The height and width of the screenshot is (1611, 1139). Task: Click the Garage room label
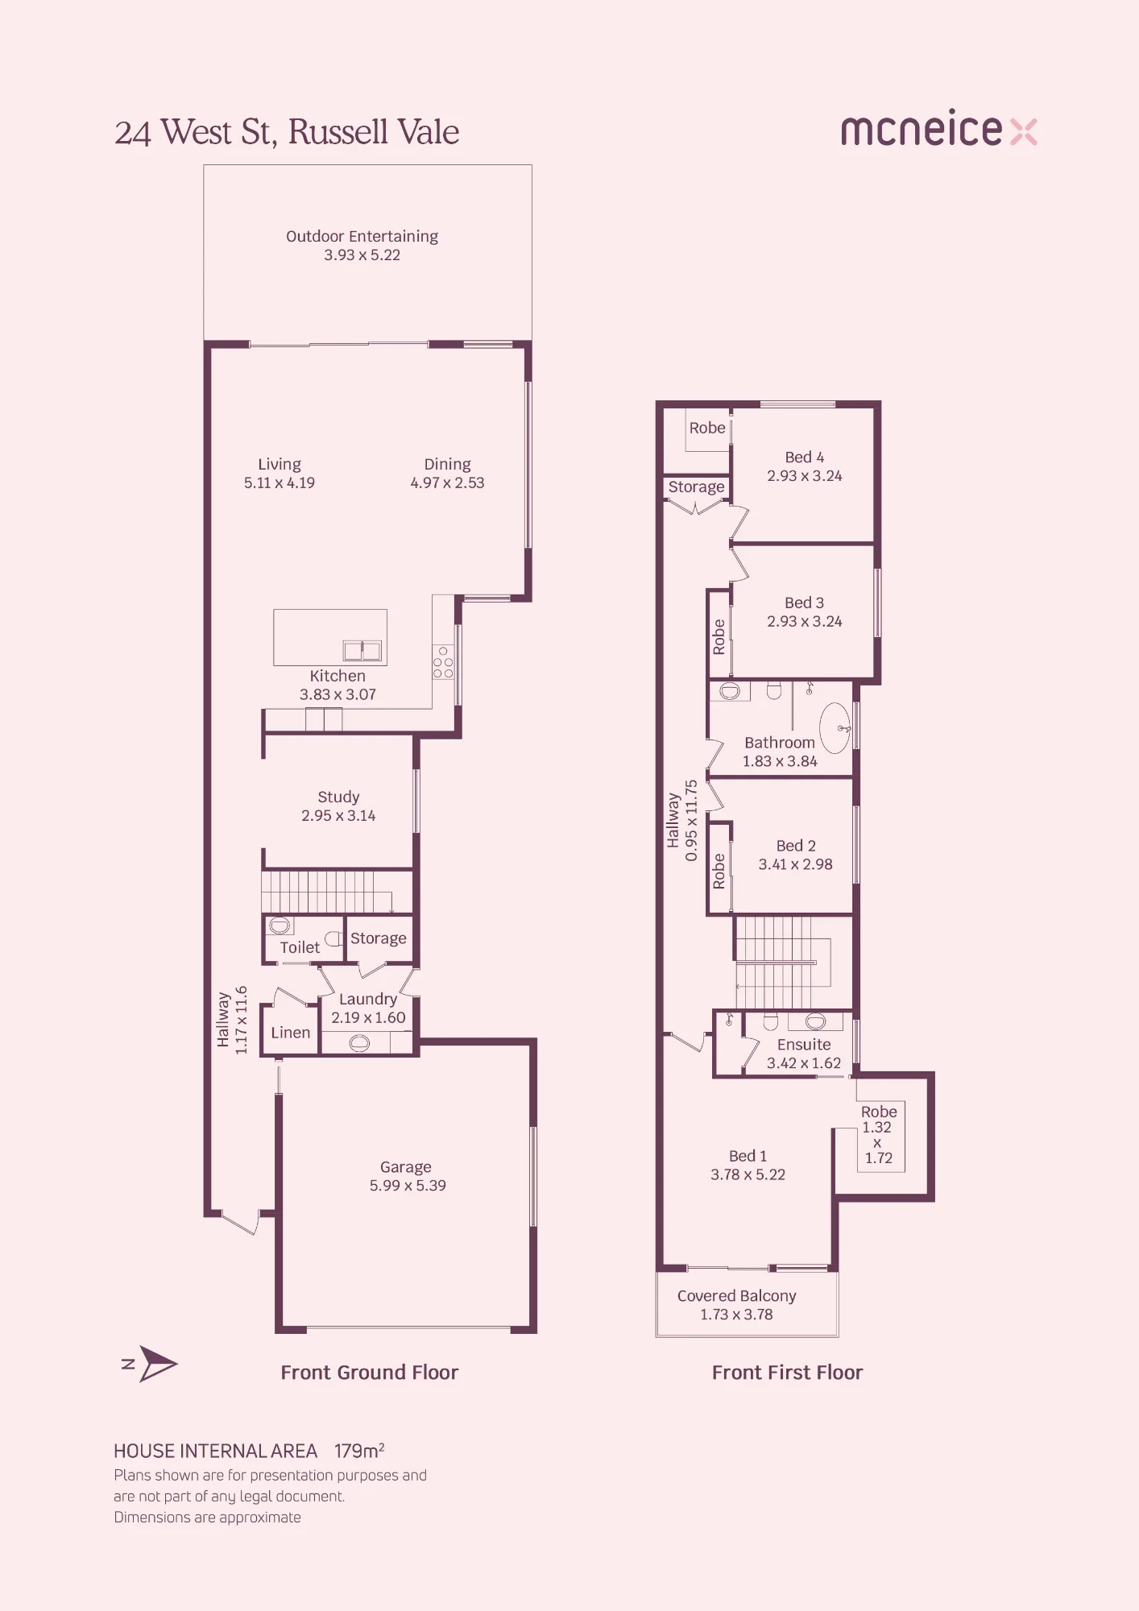point(406,1166)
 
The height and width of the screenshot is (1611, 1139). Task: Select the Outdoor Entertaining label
point(362,236)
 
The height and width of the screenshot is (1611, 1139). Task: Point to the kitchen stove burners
point(443,662)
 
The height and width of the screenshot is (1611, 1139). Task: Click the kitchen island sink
point(362,650)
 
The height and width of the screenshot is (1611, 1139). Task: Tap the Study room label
point(338,797)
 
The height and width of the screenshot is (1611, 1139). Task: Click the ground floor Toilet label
point(300,947)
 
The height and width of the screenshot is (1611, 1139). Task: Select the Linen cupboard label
point(291,1033)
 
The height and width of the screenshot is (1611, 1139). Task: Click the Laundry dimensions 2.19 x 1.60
point(368,1017)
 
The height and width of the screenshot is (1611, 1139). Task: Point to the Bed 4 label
point(805,457)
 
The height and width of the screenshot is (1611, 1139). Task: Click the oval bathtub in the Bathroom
point(835,727)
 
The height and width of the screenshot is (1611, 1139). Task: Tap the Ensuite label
point(804,1044)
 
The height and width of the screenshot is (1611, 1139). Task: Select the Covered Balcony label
point(737,1295)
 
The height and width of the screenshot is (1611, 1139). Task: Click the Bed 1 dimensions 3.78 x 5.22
point(748,1174)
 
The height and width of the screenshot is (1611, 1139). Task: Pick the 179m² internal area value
point(359,1451)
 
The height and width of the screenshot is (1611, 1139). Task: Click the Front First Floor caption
point(787,1373)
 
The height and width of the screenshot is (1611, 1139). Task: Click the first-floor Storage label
point(697,487)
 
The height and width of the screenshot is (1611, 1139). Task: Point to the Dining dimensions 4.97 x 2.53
point(447,482)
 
